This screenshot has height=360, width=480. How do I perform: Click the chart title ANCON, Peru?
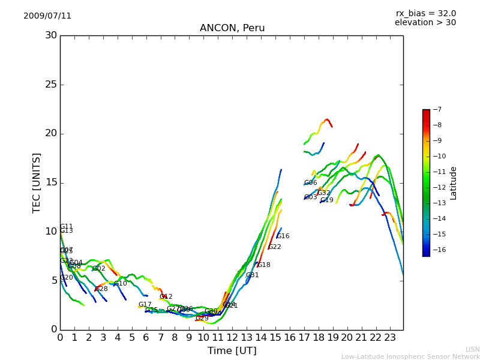tap(232, 28)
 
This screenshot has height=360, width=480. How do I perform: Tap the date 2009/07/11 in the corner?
tap(47, 16)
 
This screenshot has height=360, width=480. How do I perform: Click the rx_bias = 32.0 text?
tap(425, 13)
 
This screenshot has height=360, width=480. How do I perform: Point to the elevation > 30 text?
tap(425, 23)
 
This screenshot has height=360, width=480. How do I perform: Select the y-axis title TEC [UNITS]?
tap(37, 182)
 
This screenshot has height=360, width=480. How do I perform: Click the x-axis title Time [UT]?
tap(232, 350)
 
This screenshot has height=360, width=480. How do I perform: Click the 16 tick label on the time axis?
tap(290, 338)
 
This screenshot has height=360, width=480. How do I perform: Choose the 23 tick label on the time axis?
tap(390, 338)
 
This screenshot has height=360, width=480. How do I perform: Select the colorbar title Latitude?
tap(454, 182)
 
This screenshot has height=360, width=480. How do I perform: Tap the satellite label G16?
tap(283, 236)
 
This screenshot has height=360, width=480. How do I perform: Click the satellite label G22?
tap(275, 247)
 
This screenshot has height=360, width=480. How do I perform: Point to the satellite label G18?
tap(264, 265)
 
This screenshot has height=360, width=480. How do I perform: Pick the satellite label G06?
tap(310, 183)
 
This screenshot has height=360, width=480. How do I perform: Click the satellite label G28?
tap(101, 289)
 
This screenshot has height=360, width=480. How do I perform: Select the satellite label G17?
tap(145, 305)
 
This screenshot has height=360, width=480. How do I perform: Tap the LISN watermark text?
tap(472, 349)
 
